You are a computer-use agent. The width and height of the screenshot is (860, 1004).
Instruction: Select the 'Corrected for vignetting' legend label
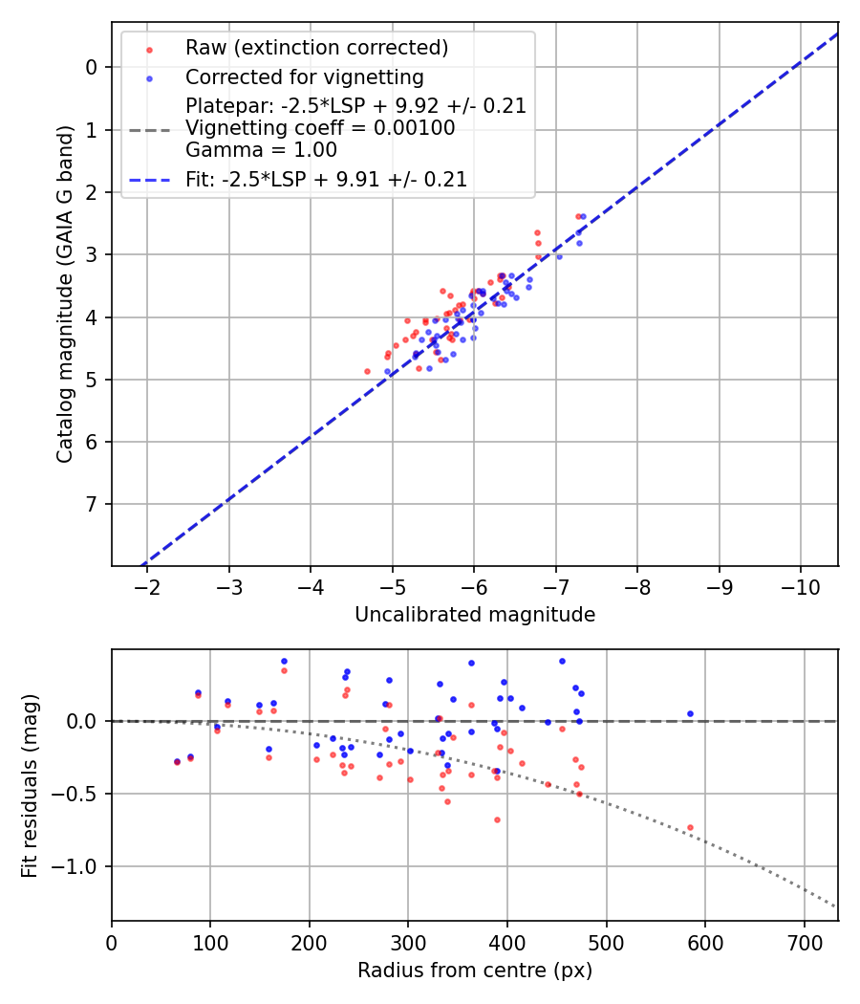pyautogui.click(x=304, y=77)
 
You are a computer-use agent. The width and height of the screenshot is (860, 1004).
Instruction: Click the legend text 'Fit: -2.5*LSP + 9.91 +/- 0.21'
pyautogui.click(x=326, y=179)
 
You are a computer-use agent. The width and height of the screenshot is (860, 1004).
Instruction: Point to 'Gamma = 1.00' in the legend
pyautogui.click(x=261, y=149)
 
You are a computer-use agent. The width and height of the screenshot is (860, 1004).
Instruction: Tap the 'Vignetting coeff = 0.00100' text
pyautogui.click(x=320, y=128)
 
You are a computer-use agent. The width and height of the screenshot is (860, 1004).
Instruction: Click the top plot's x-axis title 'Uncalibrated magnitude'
pyautogui.click(x=475, y=615)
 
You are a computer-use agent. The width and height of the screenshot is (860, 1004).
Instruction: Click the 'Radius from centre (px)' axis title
pyautogui.click(x=475, y=971)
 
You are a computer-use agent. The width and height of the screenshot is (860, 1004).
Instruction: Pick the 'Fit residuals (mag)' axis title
pyautogui.click(x=31, y=785)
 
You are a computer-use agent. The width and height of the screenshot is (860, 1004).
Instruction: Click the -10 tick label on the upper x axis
pyautogui.click(x=800, y=585)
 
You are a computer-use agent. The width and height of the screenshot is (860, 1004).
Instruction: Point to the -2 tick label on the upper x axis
pyautogui.click(x=147, y=585)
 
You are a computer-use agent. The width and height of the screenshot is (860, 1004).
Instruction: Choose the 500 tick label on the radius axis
pyautogui.click(x=606, y=941)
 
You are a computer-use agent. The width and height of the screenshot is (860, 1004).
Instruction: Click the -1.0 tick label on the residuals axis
pyautogui.click(x=78, y=866)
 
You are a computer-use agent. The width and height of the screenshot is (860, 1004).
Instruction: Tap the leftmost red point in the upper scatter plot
pyautogui.click(x=367, y=371)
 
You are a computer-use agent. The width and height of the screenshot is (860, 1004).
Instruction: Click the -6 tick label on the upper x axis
pyautogui.click(x=474, y=585)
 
